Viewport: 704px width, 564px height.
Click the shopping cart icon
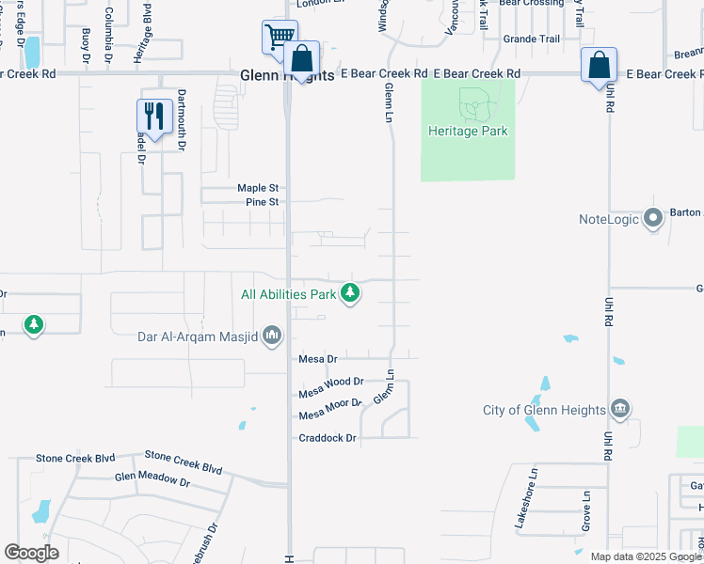coord(279,38)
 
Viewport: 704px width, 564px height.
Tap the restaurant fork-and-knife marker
coord(153,116)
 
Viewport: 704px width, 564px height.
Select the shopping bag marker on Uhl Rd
coord(599,65)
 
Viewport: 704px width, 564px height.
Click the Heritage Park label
coord(468,131)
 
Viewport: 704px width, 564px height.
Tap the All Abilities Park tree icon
coord(350,294)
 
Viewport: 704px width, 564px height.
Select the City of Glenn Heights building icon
coord(619,409)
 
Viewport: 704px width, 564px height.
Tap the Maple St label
coord(258,188)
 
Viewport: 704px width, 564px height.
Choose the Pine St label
coord(262,202)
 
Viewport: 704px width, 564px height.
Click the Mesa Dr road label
coord(317,359)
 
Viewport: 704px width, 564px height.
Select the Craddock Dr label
coord(328,438)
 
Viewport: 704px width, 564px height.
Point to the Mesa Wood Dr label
coord(330,383)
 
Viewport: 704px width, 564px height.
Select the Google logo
coord(32,553)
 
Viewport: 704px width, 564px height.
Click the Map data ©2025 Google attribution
coord(647,556)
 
